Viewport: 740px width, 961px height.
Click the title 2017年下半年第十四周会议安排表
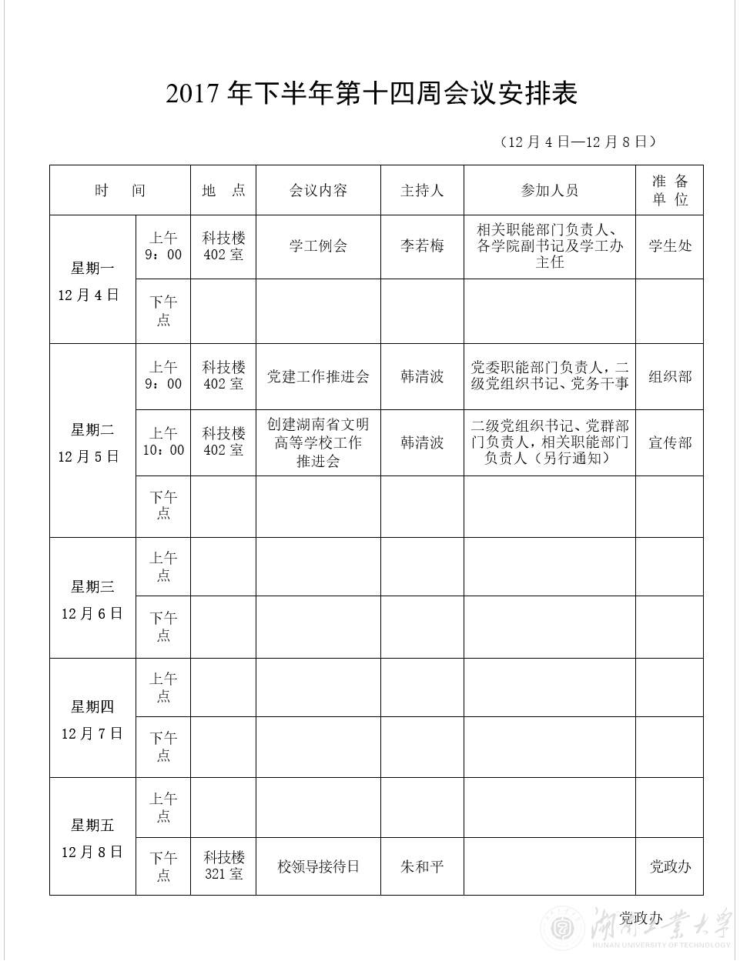[371, 94]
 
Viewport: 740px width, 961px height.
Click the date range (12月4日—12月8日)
[578, 142]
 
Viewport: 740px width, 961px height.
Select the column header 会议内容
[318, 191]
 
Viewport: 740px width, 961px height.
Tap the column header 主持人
[422, 191]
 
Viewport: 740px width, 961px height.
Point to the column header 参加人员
[549, 191]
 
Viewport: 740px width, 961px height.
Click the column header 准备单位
[669, 190]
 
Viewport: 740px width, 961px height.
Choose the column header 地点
[223, 191]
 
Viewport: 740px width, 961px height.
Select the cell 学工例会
[318, 246]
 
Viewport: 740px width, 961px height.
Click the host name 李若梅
[422, 246]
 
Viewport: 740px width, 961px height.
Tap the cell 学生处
[669, 246]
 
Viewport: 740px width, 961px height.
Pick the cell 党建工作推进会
[318, 376]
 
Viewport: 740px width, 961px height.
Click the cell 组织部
[669, 376]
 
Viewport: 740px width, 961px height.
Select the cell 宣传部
[669, 442]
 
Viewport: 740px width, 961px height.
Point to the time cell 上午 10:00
[163, 442]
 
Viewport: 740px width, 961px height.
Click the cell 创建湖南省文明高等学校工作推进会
[318, 442]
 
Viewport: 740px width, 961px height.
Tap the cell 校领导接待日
[318, 866]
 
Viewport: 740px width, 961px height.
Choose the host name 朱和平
[422, 866]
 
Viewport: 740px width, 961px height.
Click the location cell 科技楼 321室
[223, 866]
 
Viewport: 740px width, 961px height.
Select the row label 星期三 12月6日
[92, 599]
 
